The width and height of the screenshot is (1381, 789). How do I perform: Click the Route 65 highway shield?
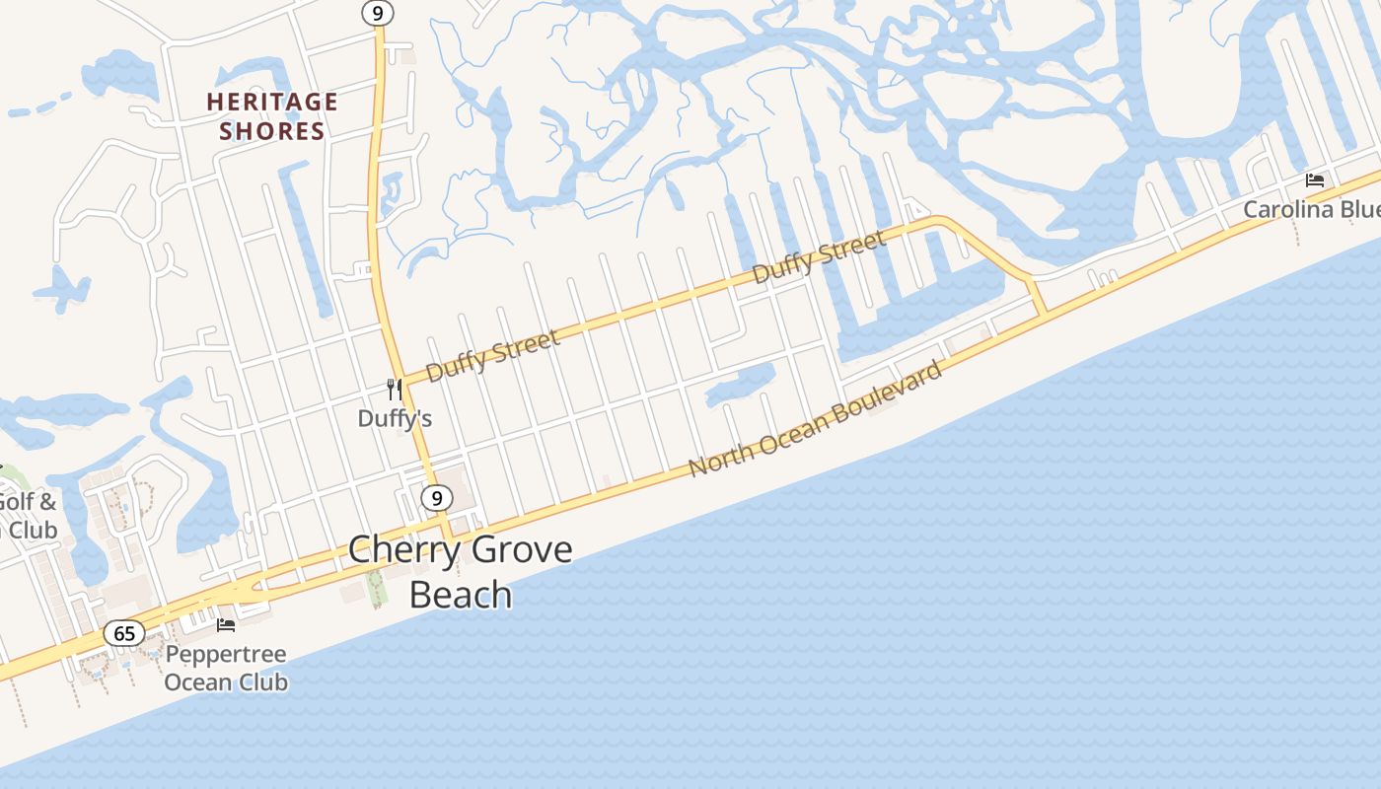coord(124,633)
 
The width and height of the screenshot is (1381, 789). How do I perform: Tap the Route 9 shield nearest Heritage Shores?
coord(377,13)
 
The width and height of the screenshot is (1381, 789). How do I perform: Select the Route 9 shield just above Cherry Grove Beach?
coord(435,498)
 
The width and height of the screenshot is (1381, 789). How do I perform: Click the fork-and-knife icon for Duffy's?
coord(395,390)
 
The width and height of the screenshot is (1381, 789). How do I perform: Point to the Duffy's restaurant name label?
coord(395,418)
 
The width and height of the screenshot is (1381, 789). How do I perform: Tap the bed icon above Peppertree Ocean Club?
coord(226,624)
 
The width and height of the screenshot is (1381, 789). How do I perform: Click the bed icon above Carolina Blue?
coord(1314,180)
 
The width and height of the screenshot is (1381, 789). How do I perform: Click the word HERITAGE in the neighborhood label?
coord(272,102)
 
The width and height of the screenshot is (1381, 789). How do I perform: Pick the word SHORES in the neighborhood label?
coord(272,131)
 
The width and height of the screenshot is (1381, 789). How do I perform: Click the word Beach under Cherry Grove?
coord(461,595)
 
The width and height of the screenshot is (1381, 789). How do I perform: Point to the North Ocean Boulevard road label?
coord(815,418)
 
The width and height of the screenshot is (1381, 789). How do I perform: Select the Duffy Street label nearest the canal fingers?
coord(819,257)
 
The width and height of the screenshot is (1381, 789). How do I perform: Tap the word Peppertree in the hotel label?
coord(226,654)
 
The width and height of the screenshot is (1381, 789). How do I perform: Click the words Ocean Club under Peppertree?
coord(226,681)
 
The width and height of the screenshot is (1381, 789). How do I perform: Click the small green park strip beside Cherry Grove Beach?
coord(376,588)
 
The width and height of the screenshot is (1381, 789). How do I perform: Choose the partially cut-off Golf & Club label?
coord(26,516)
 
